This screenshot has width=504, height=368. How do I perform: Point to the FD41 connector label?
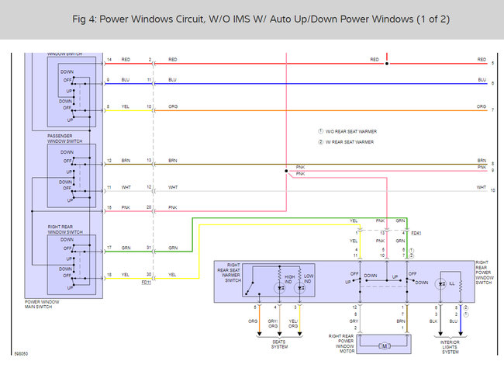[x=416, y=232]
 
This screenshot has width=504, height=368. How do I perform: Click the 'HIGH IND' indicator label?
[x=288, y=276]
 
